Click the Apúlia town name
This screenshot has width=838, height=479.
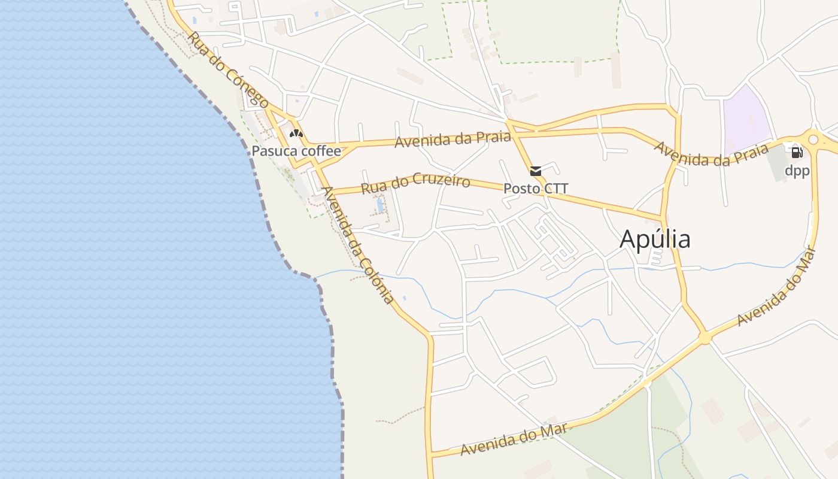coord(655,239)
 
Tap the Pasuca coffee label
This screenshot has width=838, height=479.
coord(296,151)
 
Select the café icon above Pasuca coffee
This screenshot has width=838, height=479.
coord(296,133)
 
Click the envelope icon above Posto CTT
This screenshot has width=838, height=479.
coord(536,171)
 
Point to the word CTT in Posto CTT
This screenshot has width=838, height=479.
coord(554,189)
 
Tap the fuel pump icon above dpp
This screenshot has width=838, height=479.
coord(797,152)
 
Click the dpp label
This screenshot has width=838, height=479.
coord(797,171)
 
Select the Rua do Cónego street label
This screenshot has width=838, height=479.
coord(227,69)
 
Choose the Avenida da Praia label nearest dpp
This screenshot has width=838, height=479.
coord(711,154)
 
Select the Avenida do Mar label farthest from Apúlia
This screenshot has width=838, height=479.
coord(514,440)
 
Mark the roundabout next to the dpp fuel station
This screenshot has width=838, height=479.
coord(813,140)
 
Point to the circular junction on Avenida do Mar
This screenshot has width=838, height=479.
coord(705,338)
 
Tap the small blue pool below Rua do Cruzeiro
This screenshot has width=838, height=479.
coord(380,205)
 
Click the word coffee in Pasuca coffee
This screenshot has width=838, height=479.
coord(321,151)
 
